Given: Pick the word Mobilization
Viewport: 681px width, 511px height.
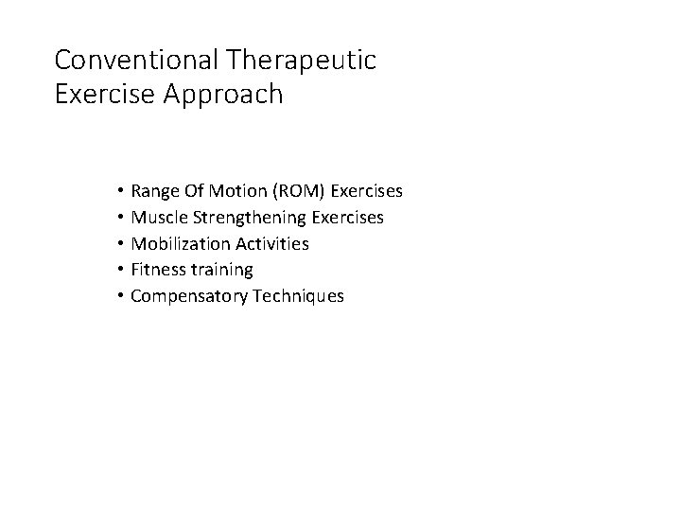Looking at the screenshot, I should click(177, 244).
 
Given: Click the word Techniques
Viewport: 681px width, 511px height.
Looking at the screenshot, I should click(294, 297).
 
